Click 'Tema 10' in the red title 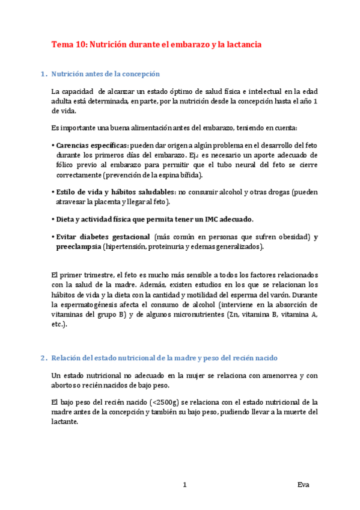(x=69, y=45)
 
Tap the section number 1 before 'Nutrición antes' (x=42, y=74)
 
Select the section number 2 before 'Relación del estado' (x=42, y=358)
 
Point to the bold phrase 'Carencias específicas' (x=91, y=146)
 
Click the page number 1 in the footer (x=185, y=484)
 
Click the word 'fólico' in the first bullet (x=60, y=165)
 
